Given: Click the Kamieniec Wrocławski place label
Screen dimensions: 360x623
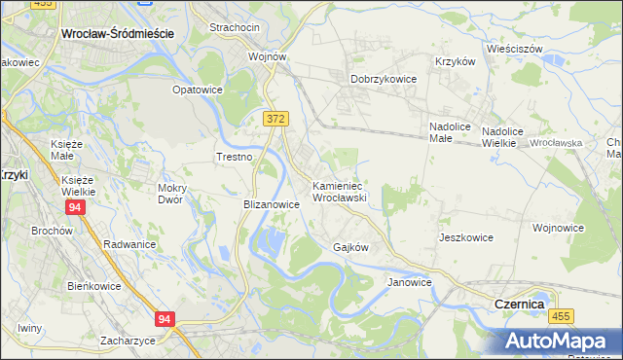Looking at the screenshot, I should [x=338, y=191].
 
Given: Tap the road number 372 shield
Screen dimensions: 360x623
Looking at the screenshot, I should [x=275, y=118].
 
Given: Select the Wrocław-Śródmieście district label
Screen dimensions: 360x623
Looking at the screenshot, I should [x=117, y=33].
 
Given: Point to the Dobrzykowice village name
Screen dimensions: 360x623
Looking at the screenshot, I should [x=384, y=79].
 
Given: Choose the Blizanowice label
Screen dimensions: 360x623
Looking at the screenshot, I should [x=271, y=205].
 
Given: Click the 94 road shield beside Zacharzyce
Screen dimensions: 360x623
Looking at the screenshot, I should [x=165, y=319].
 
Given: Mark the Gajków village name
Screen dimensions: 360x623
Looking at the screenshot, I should [x=350, y=247].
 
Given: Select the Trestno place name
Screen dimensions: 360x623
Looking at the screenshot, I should [x=234, y=157].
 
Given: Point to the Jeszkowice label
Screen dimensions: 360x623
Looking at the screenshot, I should [x=465, y=237].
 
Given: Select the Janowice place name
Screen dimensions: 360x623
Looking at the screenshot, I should [x=409, y=282].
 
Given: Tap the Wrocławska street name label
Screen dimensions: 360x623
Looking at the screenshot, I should [x=556, y=143].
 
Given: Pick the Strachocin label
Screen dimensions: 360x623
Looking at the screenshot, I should [x=234, y=28].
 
